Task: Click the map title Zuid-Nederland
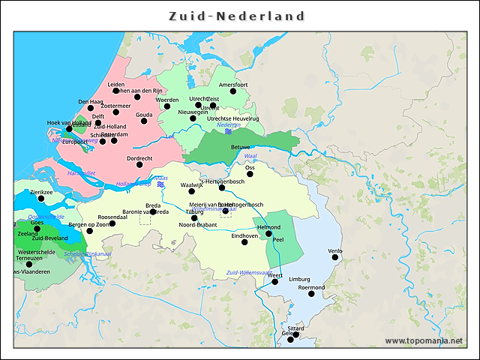tap(237, 16)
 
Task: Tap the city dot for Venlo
tap(335, 257)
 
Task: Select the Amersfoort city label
tap(232, 85)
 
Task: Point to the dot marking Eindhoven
tap(244, 242)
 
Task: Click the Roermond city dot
tap(311, 293)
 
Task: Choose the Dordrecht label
tap(139, 158)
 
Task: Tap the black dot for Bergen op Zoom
tap(89, 231)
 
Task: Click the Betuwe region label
tap(240, 147)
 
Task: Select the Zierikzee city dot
tap(41, 198)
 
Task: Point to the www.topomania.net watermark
tap(424, 340)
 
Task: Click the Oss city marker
tap(250, 174)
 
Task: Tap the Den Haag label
tap(90, 101)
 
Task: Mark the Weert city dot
tap(275, 281)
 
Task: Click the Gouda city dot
tap(144, 121)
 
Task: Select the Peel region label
tap(278, 239)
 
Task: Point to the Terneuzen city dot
tap(29, 264)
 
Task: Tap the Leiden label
tap(116, 85)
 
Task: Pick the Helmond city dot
tap(268, 234)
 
